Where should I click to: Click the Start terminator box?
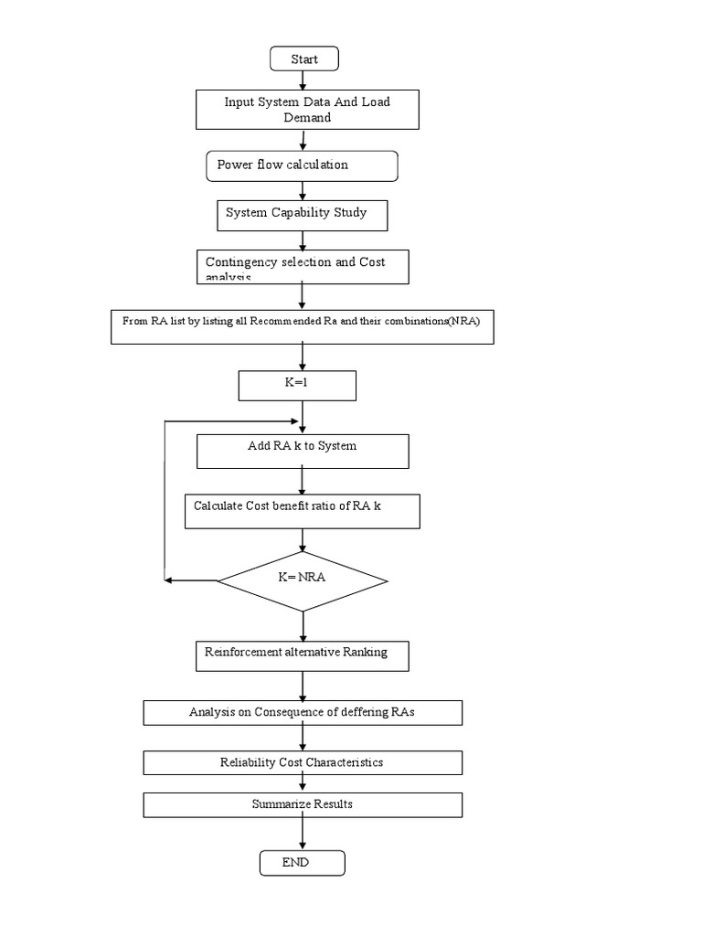(304, 59)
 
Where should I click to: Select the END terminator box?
(302, 863)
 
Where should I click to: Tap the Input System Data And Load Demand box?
(307, 110)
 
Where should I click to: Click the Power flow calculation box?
(302, 165)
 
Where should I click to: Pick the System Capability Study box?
(302, 215)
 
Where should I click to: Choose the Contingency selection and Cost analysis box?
(302, 267)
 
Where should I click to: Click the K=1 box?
(297, 385)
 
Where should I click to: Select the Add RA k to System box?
(302, 451)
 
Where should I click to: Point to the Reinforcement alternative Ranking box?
(303, 655)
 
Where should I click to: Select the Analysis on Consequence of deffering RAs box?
(303, 713)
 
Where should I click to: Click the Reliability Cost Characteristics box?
(303, 762)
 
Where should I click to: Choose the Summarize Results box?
(303, 804)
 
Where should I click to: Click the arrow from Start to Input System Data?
(303, 80)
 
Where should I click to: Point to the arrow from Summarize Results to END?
(303, 834)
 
